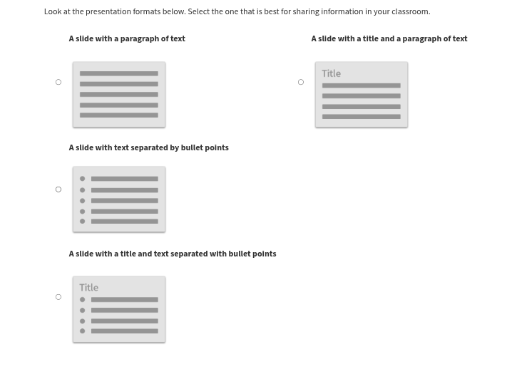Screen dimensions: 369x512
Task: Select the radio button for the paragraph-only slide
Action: tap(58, 82)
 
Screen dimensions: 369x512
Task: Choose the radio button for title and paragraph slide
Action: tap(301, 82)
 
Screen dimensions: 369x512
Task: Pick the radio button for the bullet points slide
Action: tap(58, 189)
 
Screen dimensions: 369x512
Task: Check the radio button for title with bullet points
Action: tap(58, 297)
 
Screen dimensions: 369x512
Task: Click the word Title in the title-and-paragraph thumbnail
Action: tap(331, 73)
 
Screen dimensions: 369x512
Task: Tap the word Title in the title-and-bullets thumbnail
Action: tap(88, 288)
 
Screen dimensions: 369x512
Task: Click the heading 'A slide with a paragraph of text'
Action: tap(127, 38)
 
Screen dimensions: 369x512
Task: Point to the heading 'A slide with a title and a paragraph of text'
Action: tap(389, 38)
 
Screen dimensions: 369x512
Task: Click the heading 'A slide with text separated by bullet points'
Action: tap(148, 147)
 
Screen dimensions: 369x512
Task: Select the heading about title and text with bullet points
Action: tap(172, 254)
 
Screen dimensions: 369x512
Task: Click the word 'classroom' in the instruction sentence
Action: tap(410, 11)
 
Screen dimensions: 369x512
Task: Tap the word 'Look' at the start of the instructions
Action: tap(52, 11)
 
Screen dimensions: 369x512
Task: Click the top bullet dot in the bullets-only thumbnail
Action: tap(83, 179)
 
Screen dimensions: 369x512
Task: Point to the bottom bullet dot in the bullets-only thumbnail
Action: tap(83, 222)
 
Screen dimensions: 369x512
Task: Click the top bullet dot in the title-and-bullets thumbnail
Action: tap(83, 300)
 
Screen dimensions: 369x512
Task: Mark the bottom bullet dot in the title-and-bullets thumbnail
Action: tap(83, 331)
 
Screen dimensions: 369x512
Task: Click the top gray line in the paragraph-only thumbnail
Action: tap(119, 73)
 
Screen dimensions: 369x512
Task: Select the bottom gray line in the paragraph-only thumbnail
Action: tap(119, 115)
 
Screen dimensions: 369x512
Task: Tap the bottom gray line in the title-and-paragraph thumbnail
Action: tap(361, 116)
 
